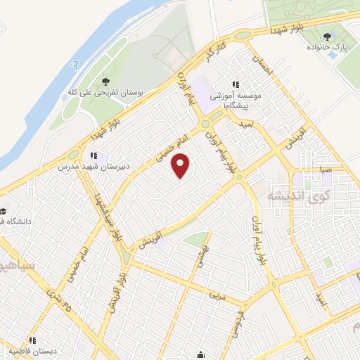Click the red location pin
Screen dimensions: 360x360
pos(182,165)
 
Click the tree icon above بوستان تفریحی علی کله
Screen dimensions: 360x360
pos(105,82)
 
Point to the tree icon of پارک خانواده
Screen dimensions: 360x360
pos(326,36)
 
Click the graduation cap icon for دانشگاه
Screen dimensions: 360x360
pos(4,211)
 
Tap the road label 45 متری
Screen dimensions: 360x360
pos(60,300)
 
